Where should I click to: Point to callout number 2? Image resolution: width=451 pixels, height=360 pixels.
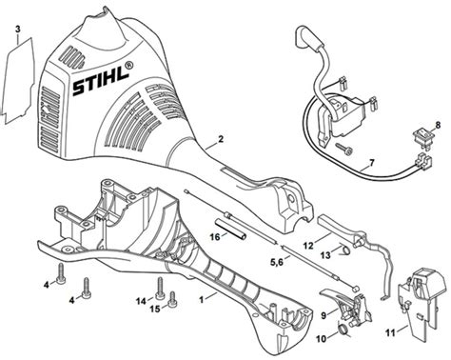click(220, 139)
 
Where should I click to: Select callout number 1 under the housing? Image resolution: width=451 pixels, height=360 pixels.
click(202, 298)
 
